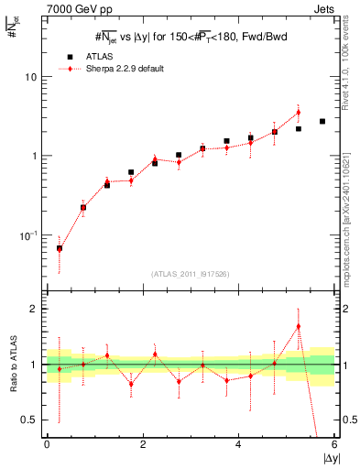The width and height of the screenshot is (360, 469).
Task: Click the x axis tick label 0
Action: [47, 445]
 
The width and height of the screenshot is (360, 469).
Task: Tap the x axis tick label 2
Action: [143, 445]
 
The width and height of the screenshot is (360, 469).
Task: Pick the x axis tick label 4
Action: [239, 445]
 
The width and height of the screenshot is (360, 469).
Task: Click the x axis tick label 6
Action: [334, 445]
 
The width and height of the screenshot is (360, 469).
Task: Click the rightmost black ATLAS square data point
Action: [322, 121]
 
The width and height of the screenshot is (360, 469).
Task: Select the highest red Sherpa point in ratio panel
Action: [299, 326]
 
